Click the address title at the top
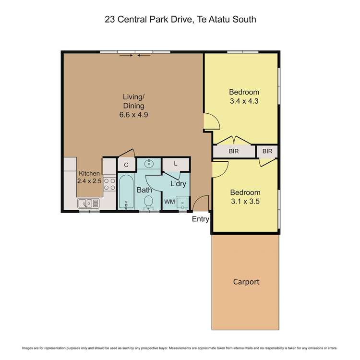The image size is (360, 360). point(180,20)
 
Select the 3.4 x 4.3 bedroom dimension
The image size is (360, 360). point(244,101)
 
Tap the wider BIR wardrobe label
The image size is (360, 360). point(234,151)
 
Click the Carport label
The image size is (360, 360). point(246,282)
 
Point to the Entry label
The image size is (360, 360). point(201,219)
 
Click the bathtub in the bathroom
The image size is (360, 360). point(126,192)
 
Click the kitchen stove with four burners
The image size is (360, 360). point(110,184)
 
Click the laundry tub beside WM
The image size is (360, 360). point(182,203)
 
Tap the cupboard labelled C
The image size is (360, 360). point(126,165)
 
